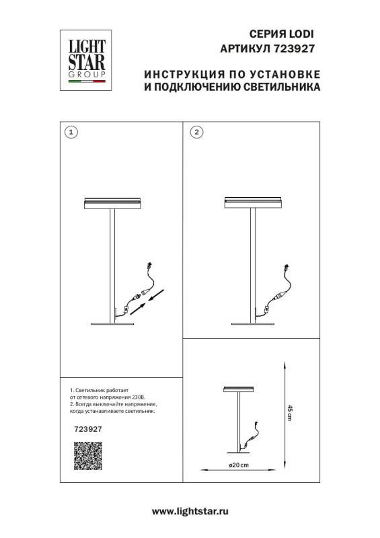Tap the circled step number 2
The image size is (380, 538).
click(196, 132)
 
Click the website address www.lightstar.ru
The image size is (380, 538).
click(190, 512)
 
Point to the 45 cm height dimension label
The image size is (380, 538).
click(290, 413)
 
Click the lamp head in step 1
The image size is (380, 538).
click(112, 204)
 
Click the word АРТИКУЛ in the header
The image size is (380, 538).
click(245, 48)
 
